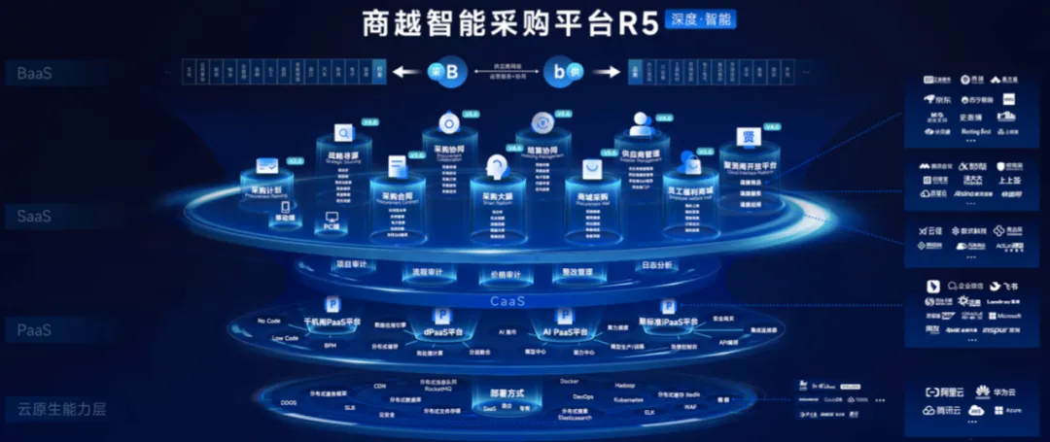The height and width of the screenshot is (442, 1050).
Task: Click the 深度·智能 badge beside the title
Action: coord(700,18)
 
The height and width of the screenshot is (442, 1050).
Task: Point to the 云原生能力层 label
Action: coord(60,409)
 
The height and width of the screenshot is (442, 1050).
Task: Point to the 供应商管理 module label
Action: coord(639,153)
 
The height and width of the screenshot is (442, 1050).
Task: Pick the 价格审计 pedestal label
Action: coord(504,275)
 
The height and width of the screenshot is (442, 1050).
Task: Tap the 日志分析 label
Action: coord(656,264)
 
